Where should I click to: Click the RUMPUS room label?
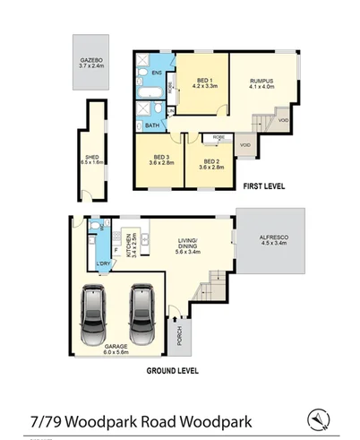260,82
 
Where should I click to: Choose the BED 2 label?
211,161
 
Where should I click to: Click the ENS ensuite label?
157,73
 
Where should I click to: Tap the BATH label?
153,126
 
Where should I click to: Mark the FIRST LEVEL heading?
264,186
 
